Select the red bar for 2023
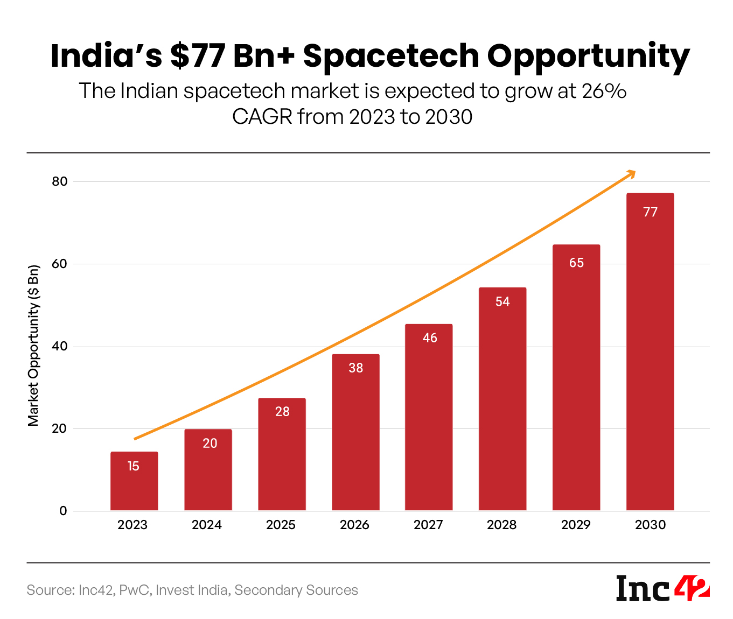tap(134, 482)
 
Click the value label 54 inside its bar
tap(502, 302)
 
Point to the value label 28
tap(282, 412)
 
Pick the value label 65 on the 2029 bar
tap(576, 263)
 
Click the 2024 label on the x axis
tap(207, 525)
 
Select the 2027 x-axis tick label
tap(428, 525)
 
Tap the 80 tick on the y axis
tap(60, 182)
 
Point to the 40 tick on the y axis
tap(60, 347)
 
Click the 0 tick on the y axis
tap(64, 511)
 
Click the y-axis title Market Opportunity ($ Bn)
tap(34, 346)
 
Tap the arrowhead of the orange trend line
tap(631, 174)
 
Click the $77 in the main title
tap(197, 56)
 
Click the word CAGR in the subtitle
tap(262, 117)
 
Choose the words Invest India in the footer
tap(192, 590)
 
